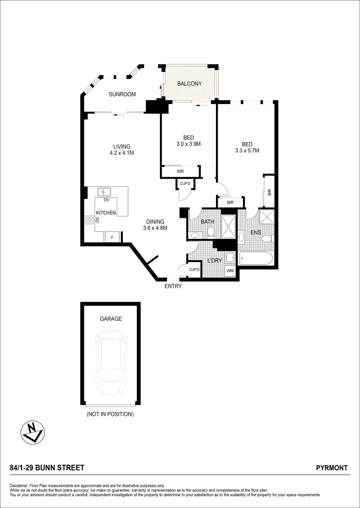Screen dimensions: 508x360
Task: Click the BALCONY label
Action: coord(189,84)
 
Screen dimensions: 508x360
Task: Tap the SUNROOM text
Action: coord(122,94)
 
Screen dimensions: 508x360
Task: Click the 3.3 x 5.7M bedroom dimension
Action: coord(247,151)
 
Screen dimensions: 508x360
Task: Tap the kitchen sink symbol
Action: coord(104,191)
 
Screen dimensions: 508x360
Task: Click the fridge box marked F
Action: coord(112,238)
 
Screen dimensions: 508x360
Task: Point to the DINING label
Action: coord(155,222)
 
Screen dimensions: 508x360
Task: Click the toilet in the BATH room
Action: coord(211,231)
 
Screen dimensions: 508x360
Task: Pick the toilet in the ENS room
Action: coord(267,238)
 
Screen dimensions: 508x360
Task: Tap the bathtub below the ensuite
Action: coord(256,258)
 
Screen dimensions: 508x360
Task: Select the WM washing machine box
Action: coord(230,271)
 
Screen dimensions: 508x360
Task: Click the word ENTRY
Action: coord(173,286)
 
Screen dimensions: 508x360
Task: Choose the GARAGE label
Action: coord(111,318)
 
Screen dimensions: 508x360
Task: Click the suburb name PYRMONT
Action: coord(332,468)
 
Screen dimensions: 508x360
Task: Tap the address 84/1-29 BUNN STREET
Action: coord(47,468)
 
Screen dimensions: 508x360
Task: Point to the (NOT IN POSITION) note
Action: coord(111,414)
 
